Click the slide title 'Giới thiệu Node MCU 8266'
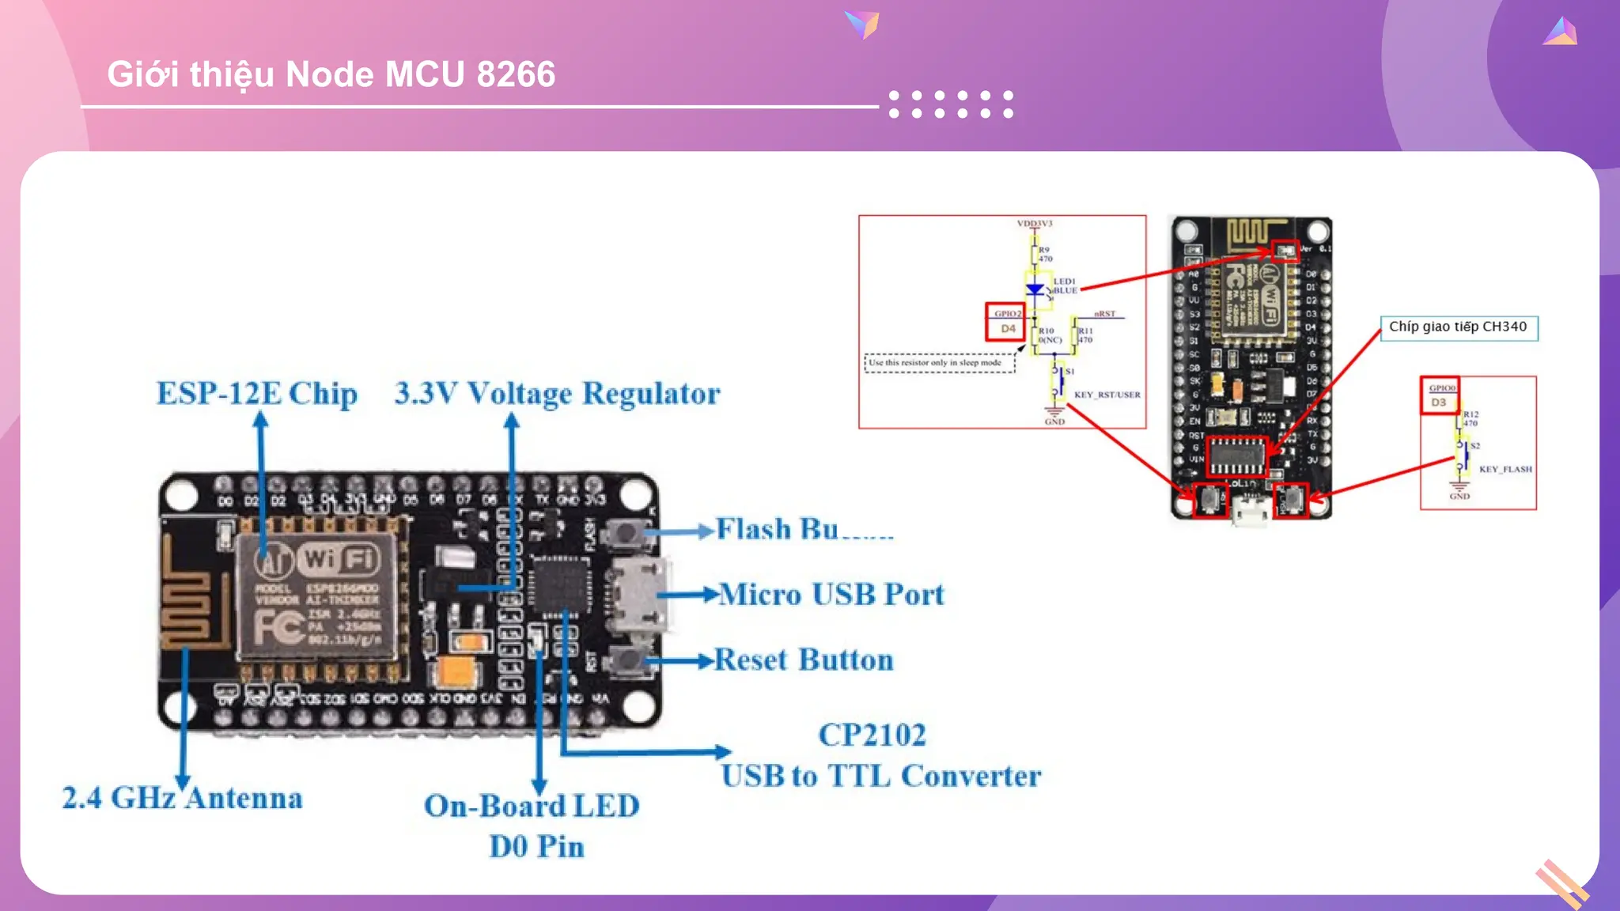[x=331, y=74]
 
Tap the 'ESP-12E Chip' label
[x=256, y=394]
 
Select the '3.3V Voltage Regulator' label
[x=558, y=394]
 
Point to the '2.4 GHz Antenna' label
[x=183, y=798]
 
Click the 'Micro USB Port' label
[x=831, y=595]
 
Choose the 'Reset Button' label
[x=804, y=660]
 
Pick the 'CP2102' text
[x=872, y=735]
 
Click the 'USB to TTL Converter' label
[x=881, y=777]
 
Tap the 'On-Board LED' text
[x=532, y=807]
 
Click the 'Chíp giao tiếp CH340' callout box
[x=1459, y=327]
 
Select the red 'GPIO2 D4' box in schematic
[x=1005, y=322]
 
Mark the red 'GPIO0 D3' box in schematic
[x=1440, y=395]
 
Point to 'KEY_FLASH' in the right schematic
[x=1505, y=470]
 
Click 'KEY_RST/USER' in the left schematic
[x=1107, y=395]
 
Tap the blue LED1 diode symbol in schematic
[x=1035, y=289]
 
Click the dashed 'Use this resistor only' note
[x=939, y=363]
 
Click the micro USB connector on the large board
[x=637, y=595]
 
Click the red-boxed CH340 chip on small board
[x=1237, y=456]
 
